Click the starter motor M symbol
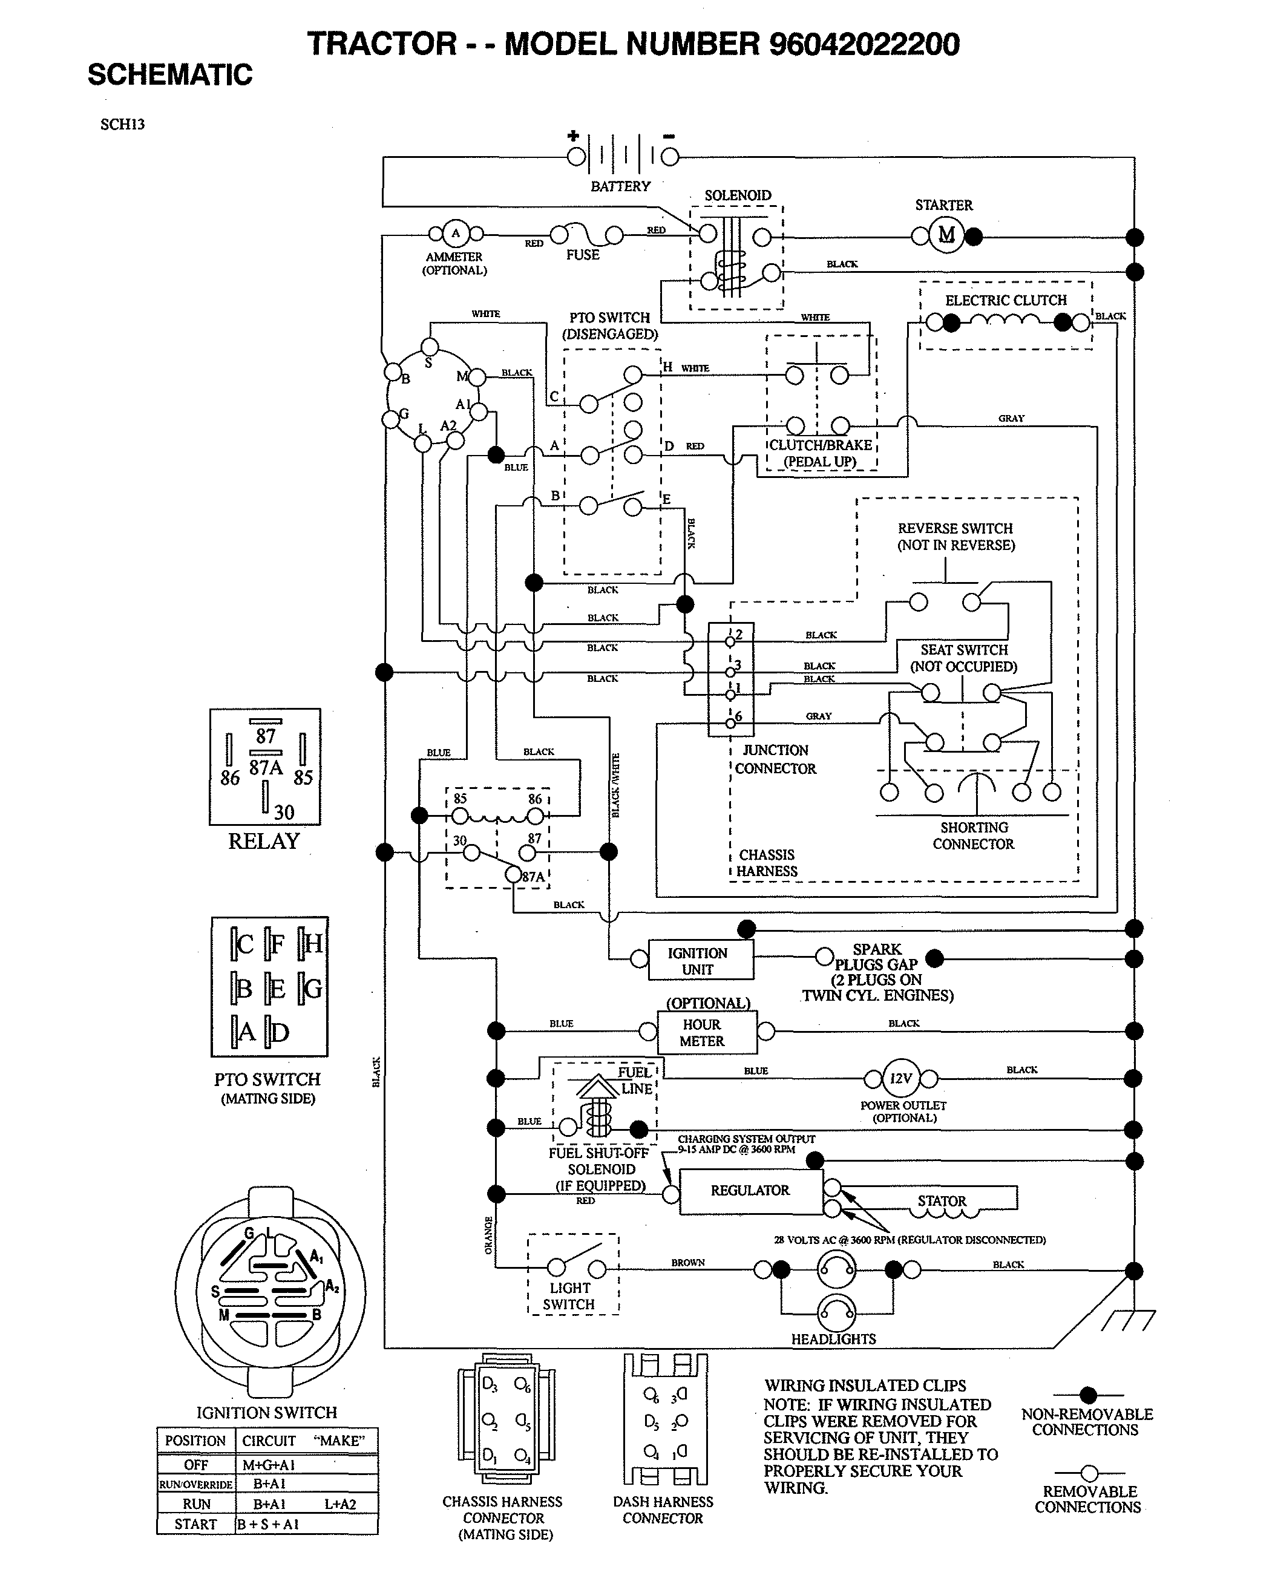click(946, 235)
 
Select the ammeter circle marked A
click(455, 234)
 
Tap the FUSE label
click(582, 255)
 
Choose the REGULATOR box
click(750, 1190)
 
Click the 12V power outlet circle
click(900, 1078)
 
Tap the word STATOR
click(942, 1200)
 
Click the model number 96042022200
click(864, 44)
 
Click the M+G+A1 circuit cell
click(269, 1465)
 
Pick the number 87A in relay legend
click(266, 768)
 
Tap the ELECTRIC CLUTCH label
click(1006, 300)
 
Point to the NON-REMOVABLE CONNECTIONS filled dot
click(1088, 1395)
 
